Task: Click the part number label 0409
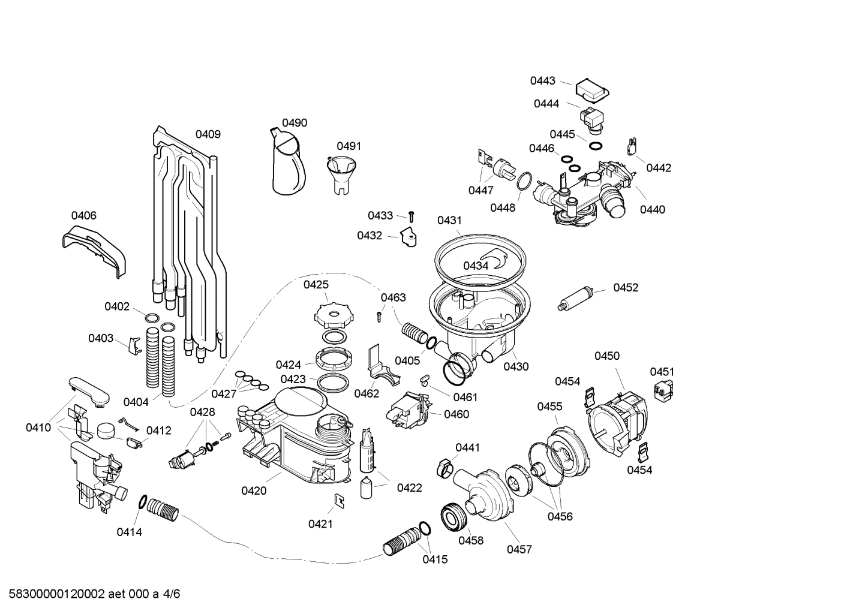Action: (208, 134)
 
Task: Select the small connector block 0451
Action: (662, 390)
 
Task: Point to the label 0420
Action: (254, 490)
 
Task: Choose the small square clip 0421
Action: (338, 500)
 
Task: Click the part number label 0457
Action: (519, 549)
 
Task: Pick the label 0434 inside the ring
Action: (475, 265)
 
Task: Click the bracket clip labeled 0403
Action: (134, 347)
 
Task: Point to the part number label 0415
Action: (435, 559)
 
